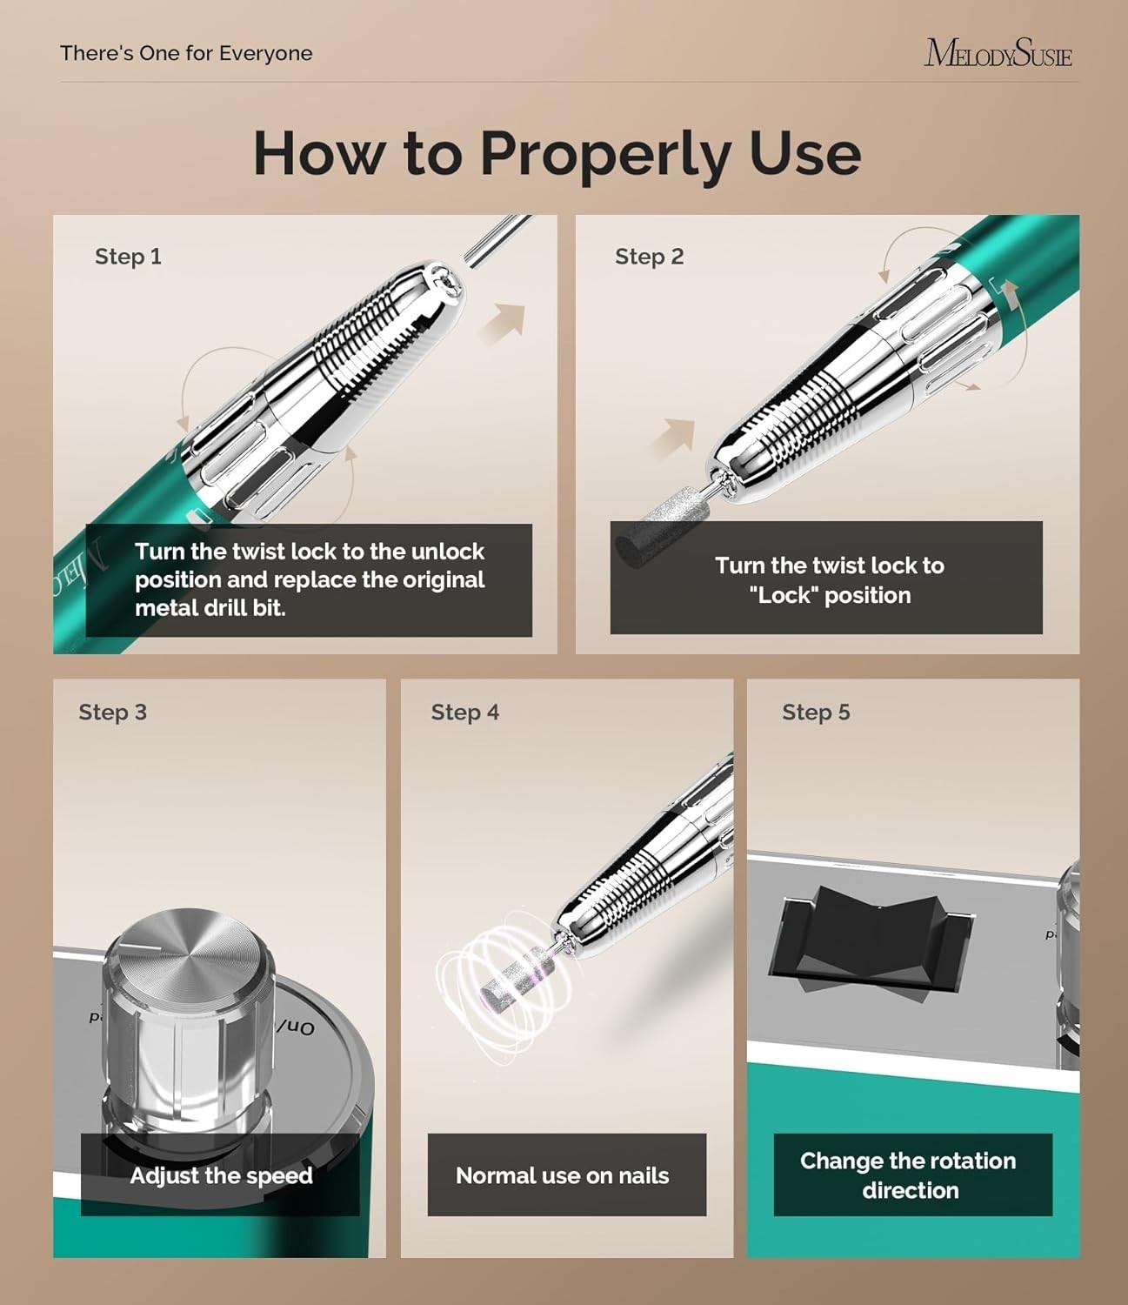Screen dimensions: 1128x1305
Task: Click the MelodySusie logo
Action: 998,53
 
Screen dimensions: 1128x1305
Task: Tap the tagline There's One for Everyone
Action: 186,53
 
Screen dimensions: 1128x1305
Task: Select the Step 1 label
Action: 128,257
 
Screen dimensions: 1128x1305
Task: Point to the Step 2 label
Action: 650,257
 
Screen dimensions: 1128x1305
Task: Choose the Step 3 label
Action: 112,713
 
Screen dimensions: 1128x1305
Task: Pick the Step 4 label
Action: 465,713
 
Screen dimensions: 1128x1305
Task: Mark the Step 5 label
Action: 816,713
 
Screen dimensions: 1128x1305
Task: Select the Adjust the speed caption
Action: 222,1175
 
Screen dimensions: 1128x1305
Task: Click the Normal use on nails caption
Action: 563,1175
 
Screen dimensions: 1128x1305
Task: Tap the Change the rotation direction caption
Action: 909,1175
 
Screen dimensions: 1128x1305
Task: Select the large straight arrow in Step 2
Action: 671,437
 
